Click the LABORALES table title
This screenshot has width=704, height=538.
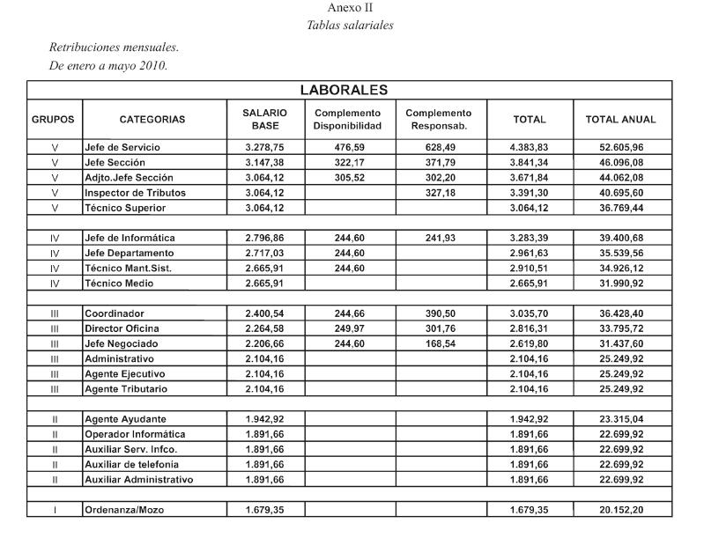(x=344, y=90)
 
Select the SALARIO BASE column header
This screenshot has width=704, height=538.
(x=264, y=119)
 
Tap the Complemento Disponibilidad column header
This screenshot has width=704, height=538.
(x=347, y=119)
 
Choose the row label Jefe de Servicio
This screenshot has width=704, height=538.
(x=122, y=147)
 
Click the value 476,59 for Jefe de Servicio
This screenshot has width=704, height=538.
(x=347, y=147)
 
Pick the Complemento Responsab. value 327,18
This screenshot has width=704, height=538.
(x=439, y=193)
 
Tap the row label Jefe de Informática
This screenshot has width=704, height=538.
(x=130, y=238)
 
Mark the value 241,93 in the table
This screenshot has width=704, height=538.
(x=439, y=238)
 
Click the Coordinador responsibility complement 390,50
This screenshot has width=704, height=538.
(x=439, y=313)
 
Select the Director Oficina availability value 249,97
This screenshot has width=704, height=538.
(x=347, y=328)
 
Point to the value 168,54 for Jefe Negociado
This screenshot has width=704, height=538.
(x=439, y=343)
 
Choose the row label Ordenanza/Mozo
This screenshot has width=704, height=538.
(x=124, y=509)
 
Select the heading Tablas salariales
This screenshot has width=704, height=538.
(x=350, y=25)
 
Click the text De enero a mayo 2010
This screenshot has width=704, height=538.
(x=107, y=66)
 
